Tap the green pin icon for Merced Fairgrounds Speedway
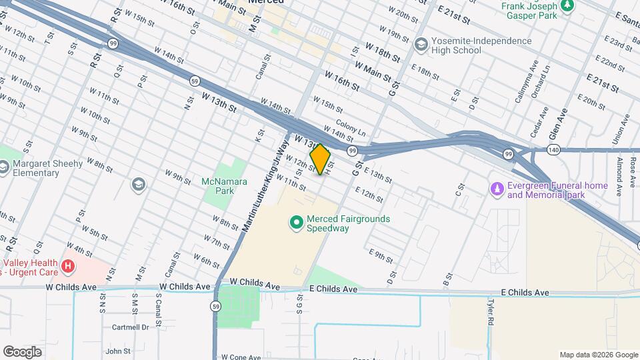click(297, 221)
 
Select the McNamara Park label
click(224, 186)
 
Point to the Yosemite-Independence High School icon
click(421, 45)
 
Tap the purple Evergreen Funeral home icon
click(497, 190)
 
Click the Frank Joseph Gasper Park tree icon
click(567, 6)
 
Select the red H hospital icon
click(67, 267)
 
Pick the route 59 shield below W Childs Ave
click(215, 306)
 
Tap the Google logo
click(22, 351)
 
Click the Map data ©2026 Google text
click(598, 355)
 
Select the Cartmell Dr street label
click(130, 327)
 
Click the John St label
click(118, 351)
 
